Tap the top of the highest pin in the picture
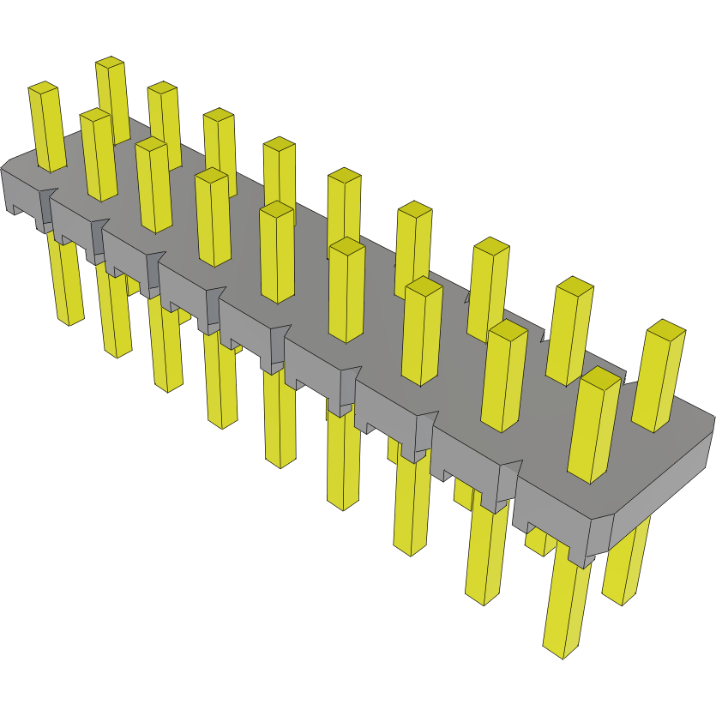pyautogui.click(x=110, y=63)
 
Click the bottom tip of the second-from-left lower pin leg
pyautogui.click(x=119, y=352)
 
